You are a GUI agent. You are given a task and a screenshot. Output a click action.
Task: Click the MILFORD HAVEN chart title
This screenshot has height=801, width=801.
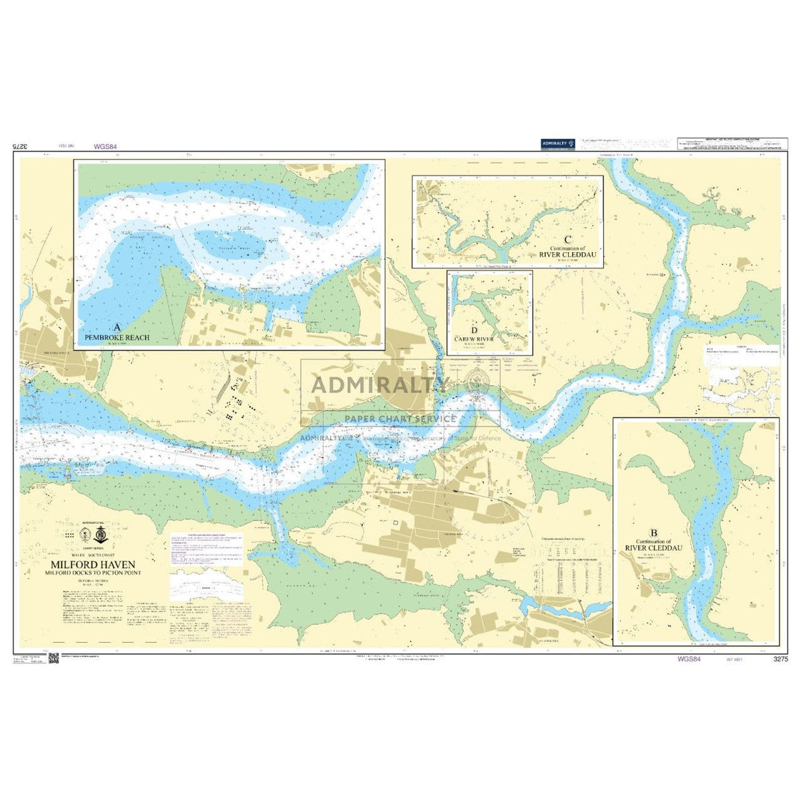tap(94, 565)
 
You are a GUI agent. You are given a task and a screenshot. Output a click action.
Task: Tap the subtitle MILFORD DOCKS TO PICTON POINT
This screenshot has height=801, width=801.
tap(94, 573)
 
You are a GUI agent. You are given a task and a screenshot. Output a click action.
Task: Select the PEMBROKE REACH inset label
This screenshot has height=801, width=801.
tap(117, 337)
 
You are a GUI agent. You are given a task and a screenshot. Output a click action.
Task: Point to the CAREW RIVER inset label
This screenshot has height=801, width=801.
tap(474, 338)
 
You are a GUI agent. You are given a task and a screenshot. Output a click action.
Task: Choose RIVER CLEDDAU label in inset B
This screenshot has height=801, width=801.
tap(654, 548)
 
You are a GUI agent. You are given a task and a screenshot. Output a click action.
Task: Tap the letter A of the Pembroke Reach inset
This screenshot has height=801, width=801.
tap(117, 327)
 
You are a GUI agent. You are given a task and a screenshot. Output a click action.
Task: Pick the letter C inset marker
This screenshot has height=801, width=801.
tap(567, 240)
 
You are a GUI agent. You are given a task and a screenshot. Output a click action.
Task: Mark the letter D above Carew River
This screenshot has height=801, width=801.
tap(474, 330)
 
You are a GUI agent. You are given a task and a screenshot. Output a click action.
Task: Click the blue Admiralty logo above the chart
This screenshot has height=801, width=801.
tap(558, 143)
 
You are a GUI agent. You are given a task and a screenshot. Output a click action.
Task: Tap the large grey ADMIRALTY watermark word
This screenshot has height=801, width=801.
tap(381, 385)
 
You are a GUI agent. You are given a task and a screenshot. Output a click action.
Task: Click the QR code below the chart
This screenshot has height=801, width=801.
tap(54, 659)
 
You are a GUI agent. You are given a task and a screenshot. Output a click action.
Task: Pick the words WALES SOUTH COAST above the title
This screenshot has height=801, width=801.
tap(94, 556)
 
